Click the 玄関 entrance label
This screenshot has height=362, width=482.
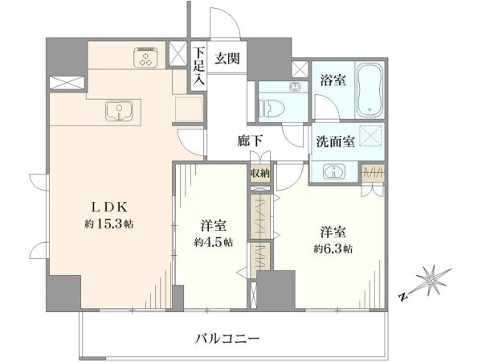(x=227, y=58)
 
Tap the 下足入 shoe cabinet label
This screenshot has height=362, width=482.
(x=198, y=67)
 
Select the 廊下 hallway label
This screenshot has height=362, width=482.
(x=250, y=141)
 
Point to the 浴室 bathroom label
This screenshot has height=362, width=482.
(x=333, y=80)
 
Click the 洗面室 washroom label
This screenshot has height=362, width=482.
(x=336, y=142)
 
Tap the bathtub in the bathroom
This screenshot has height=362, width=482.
(x=370, y=90)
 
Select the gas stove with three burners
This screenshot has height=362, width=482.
(x=145, y=57)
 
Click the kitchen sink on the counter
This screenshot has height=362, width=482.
(x=119, y=111)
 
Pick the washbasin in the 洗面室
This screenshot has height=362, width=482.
(x=334, y=172)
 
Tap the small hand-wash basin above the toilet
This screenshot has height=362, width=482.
(x=296, y=87)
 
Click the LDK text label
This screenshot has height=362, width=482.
(x=110, y=208)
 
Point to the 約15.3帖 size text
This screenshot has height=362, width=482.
(x=109, y=224)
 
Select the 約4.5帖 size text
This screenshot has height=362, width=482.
(x=214, y=242)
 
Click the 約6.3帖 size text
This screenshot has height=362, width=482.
(x=333, y=248)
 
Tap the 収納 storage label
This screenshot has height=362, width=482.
(x=260, y=173)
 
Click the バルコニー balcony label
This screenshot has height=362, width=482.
(x=228, y=339)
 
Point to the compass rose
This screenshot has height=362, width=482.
(x=431, y=281)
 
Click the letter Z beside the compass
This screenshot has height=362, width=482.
(x=403, y=297)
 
